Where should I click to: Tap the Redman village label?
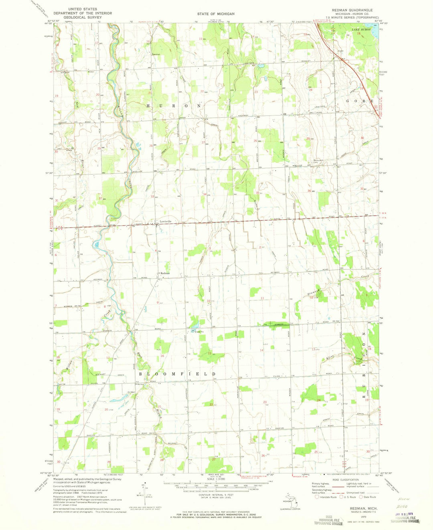(x=165, y=273)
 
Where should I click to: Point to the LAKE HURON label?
(x=360, y=30)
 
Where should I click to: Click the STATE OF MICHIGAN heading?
(x=216, y=14)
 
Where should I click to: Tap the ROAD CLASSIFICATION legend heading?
(x=344, y=479)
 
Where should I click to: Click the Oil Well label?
(x=130, y=392)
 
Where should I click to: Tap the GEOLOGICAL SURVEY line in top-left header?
(x=90, y=17)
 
